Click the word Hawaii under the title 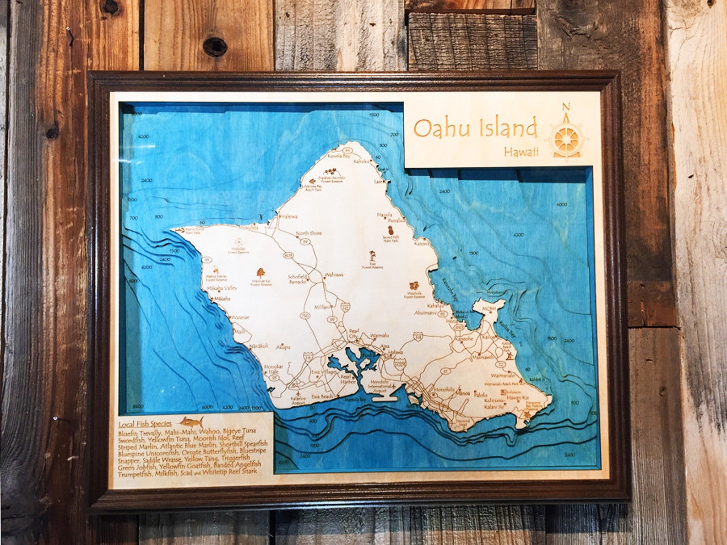click(521, 152)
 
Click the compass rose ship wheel click(566, 137)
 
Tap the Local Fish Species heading click(145, 424)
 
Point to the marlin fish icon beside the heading click(191, 421)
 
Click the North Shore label click(309, 233)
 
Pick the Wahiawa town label click(334, 275)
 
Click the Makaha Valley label click(222, 288)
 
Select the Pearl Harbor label click(348, 379)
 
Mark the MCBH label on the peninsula click(489, 309)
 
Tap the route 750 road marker click(304, 316)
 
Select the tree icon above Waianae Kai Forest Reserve click(260, 273)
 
